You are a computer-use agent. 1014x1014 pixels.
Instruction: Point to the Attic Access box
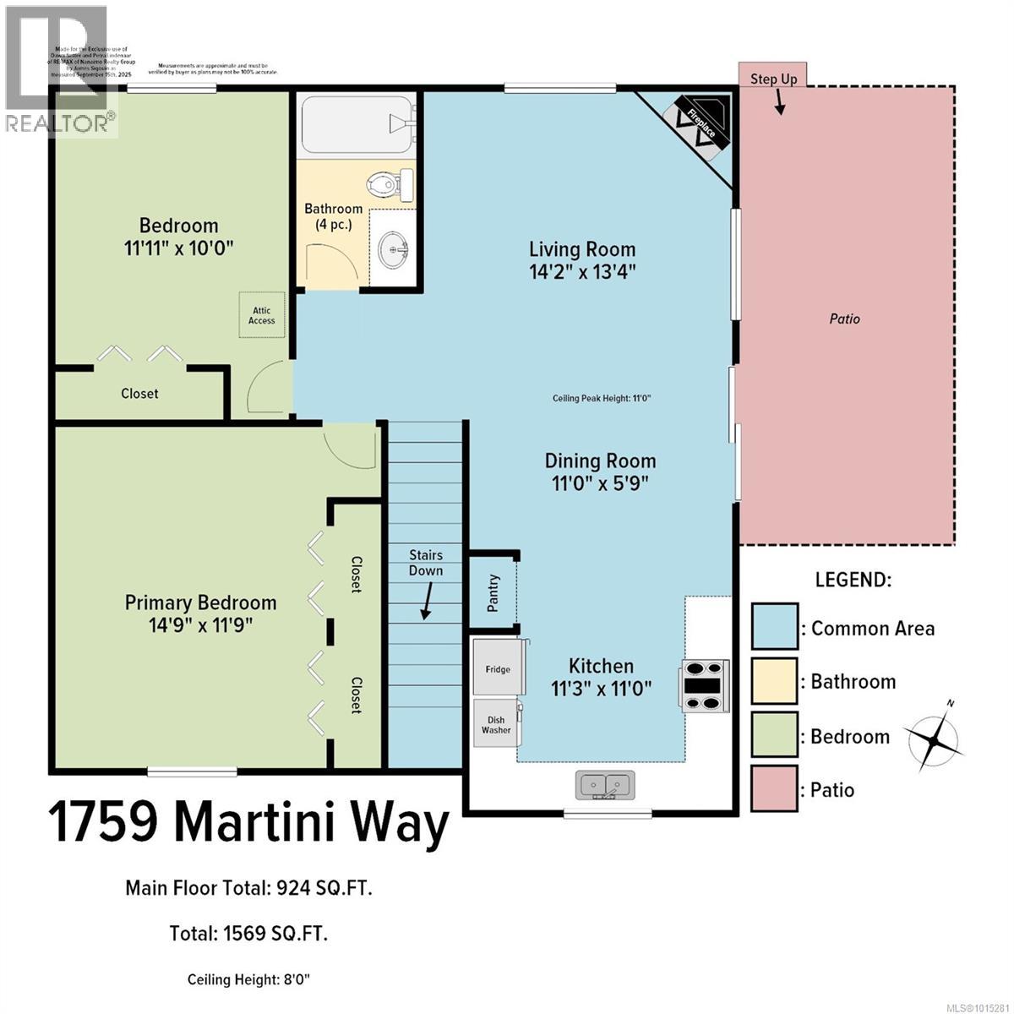coord(261,315)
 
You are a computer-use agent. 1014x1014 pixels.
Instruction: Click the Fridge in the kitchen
coord(498,668)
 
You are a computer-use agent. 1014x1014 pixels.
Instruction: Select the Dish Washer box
coord(496,724)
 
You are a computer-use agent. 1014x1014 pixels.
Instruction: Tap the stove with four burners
coord(703,686)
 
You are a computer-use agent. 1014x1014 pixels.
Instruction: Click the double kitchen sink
coord(605,785)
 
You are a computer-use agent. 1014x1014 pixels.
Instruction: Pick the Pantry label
coord(493,593)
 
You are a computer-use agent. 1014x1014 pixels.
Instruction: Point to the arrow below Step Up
coord(778,102)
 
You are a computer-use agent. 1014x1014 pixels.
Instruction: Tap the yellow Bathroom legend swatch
coord(774,681)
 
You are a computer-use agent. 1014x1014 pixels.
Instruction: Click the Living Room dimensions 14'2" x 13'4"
coord(582,272)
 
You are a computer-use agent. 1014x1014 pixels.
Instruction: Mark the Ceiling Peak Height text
coord(602,399)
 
